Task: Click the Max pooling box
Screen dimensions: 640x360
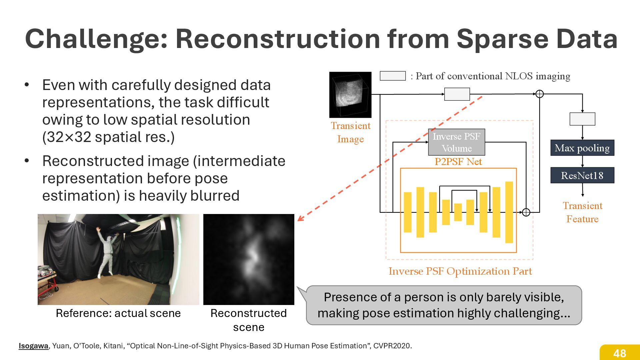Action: (582, 148)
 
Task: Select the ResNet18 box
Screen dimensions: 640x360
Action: (582, 175)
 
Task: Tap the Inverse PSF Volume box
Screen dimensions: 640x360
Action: (456, 142)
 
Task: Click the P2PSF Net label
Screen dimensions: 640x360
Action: (458, 162)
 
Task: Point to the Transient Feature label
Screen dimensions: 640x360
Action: (582, 212)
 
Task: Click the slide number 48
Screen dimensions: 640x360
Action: (620, 353)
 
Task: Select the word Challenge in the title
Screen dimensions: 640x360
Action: (96, 39)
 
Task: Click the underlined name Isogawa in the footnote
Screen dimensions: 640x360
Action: (33, 346)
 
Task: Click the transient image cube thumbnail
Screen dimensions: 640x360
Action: (350, 95)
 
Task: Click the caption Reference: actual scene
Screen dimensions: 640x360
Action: (118, 313)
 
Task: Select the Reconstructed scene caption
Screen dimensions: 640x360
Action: (249, 320)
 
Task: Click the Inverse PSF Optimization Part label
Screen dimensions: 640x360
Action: (460, 271)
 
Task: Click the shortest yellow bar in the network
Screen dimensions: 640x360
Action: (458, 212)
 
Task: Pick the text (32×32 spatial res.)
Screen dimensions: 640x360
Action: (108, 137)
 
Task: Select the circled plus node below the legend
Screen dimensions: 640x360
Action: (539, 94)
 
